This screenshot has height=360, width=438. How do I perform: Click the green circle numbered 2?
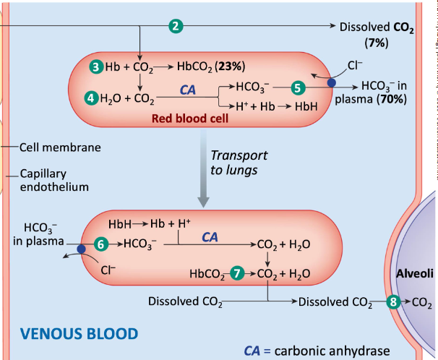point(174,27)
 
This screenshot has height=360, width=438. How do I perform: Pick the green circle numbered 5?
point(298,87)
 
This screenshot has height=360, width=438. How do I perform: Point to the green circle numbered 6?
point(102,244)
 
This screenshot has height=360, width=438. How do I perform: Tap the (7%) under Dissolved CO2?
point(377,43)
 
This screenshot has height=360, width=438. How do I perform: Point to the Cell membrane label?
point(59,147)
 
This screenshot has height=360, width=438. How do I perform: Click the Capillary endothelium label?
point(53,181)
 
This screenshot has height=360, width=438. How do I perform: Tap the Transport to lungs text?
point(238,163)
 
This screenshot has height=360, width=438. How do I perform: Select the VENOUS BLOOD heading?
point(78,334)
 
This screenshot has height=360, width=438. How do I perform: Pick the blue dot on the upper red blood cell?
point(332,83)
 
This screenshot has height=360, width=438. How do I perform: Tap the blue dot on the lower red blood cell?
point(81,249)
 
